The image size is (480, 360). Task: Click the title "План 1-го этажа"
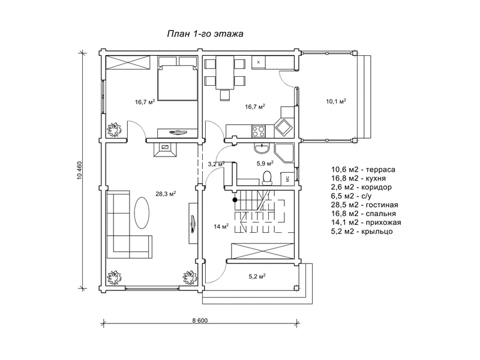click(205, 34)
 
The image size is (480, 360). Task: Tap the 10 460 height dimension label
click(80, 170)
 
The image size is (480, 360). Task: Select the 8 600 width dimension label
click(200, 320)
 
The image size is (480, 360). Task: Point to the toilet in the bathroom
click(267, 178)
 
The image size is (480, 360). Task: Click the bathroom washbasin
click(262, 148)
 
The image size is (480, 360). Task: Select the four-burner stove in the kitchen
click(259, 131)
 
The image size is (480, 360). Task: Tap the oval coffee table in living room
click(142, 212)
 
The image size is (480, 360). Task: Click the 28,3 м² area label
click(166, 193)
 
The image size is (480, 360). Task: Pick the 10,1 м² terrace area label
click(336, 101)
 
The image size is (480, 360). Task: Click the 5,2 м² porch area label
click(257, 277)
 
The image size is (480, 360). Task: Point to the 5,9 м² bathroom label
click(265, 163)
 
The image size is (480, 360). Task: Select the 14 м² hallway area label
click(221, 227)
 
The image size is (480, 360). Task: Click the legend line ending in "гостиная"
click(364, 205)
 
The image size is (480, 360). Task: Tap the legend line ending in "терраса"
click(363, 169)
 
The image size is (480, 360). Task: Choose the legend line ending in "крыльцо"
click(362, 231)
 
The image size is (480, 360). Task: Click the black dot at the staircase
click(235, 200)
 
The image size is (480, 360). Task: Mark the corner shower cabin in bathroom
click(284, 153)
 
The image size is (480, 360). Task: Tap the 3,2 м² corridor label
click(217, 164)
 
